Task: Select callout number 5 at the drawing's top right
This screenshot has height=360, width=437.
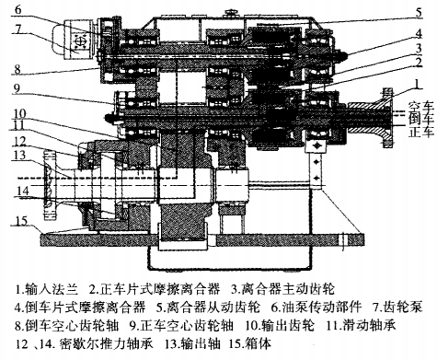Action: [x=418, y=12]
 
